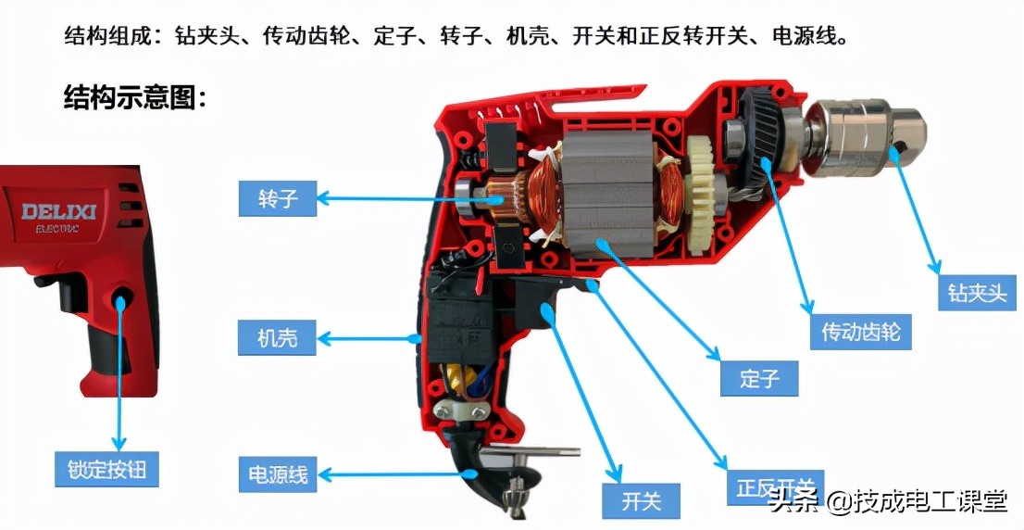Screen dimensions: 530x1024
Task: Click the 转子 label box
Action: pyautogui.click(x=277, y=198)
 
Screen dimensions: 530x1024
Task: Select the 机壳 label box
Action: pyautogui.click(x=277, y=338)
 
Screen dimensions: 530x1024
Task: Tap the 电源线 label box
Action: pyautogui.click(x=277, y=474)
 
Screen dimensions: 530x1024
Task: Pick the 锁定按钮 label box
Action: pyautogui.click(x=106, y=469)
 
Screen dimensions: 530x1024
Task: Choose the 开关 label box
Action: pyautogui.click(x=641, y=501)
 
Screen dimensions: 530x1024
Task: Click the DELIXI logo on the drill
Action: pyautogui.click(x=59, y=212)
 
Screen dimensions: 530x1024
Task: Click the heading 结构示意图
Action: pyautogui.click(x=135, y=96)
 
